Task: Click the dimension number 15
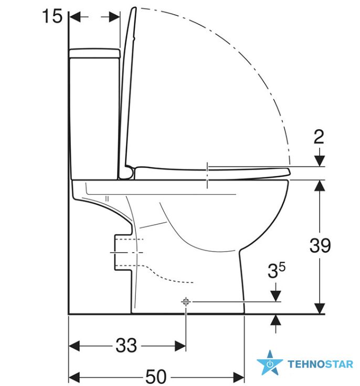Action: coord(52,16)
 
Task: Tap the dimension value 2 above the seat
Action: coord(319,137)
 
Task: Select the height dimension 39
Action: coord(320,245)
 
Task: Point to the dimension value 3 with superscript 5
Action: coord(277,270)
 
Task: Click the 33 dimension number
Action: coord(126,345)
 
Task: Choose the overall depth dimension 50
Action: coord(156,377)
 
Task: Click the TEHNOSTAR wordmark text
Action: coord(321,364)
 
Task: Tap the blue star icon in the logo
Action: coord(270,362)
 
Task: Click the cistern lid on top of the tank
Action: coord(95,53)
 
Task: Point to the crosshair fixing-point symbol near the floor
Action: coord(186,301)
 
